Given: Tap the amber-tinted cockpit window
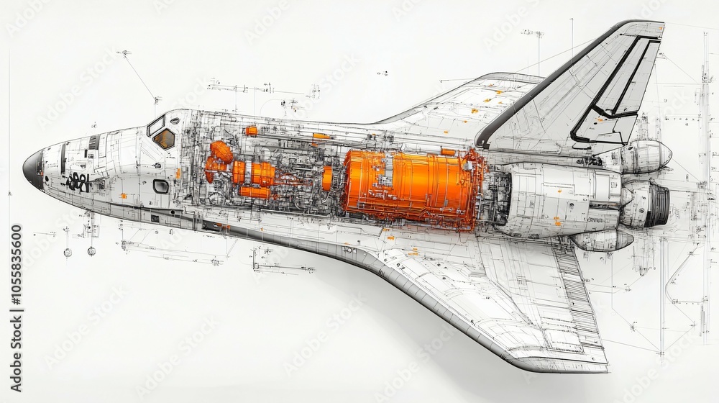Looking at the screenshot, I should [165, 138].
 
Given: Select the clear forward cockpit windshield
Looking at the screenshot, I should [155, 126].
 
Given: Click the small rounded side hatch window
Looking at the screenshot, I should [160, 186].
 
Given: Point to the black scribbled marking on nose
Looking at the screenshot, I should [78, 182].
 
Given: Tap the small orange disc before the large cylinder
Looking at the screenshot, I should [327, 178].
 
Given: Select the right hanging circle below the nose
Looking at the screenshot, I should [91, 251].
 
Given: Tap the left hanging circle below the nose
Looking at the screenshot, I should [68, 252].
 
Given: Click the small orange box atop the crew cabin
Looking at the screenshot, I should [251, 131].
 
